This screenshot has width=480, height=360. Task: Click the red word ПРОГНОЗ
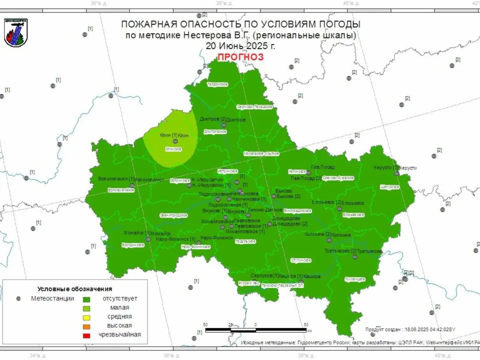coord(240,57)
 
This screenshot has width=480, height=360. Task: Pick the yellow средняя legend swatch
coord(86,317)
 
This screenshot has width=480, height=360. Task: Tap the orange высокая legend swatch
coord(86,326)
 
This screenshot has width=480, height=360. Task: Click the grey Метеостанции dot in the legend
coord(18,298)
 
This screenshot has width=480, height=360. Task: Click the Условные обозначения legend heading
coord(74,289)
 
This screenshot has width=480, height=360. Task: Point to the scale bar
coord(256,330)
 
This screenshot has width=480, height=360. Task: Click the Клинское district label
coord(173,149)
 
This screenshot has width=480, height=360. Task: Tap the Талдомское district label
coord(217,84)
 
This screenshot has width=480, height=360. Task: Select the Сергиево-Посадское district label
coord(254,106)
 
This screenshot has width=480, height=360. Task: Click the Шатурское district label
coord(390,186)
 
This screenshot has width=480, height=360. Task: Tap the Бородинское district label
coord(132,245)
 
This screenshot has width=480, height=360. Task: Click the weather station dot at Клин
coord(175,141)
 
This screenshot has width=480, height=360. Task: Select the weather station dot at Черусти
coord(396,173)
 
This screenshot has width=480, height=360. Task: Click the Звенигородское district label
coord(173,215)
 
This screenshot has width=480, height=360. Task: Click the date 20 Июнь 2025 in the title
coord(240,45)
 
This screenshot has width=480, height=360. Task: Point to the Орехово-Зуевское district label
coord(338,178)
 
